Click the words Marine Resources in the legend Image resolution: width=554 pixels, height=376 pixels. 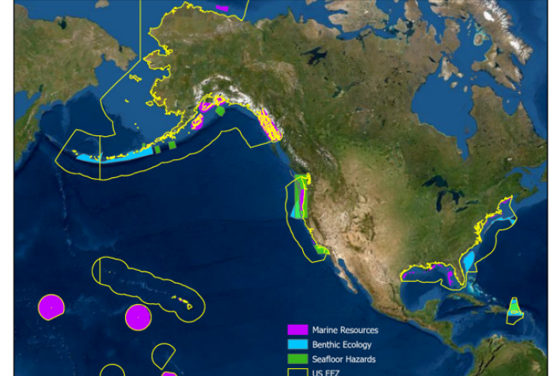pos(344,330)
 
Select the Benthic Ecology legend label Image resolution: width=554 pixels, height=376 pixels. pos(341,344)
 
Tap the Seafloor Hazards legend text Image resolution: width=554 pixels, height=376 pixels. pos(343,359)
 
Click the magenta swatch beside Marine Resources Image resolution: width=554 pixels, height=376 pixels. pos(297,330)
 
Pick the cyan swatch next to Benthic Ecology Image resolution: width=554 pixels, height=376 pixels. pos(297,344)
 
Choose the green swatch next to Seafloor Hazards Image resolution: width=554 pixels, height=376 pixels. pos(297,359)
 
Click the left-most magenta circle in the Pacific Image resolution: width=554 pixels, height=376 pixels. pos(51,306)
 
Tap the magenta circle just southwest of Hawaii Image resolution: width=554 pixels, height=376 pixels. pos(138,317)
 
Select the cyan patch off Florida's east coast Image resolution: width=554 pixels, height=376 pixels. pos(469,260)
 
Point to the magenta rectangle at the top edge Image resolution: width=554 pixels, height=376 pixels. pos(222,9)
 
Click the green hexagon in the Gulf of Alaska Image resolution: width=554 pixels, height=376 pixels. pos(221,112)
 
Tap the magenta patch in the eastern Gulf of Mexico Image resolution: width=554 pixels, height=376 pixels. pos(449,278)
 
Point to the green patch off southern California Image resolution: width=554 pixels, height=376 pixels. pos(321,249)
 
